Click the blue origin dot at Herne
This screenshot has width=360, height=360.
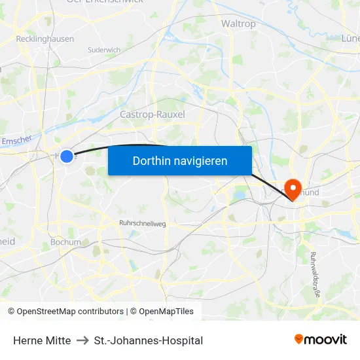pos(66,156)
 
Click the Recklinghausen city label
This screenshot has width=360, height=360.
pos(45,39)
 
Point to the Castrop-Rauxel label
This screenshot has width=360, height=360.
pos(153,115)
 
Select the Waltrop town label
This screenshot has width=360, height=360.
pos(238,23)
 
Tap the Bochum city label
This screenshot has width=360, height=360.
pos(65,242)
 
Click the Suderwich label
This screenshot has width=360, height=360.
pos(104,50)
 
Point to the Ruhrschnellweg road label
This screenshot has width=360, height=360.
pos(143,223)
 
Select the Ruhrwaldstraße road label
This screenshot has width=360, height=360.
pos(315,275)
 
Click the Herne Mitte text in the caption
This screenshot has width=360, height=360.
pos(42,340)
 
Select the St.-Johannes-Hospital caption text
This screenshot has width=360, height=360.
pos(149,340)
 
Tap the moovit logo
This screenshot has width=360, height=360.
pos(321,340)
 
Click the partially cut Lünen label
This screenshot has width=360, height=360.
pos(351,39)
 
